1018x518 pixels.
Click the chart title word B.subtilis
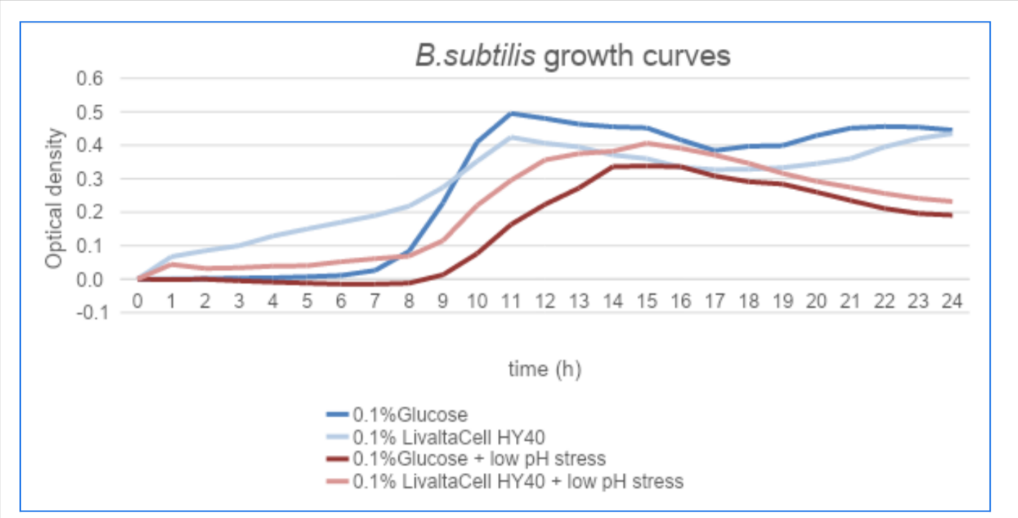pyautogui.click(x=475, y=56)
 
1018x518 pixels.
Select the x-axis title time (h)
pyautogui.click(x=545, y=369)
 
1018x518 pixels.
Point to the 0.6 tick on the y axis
pyautogui.click(x=90, y=79)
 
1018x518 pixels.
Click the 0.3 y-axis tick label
pyautogui.click(x=90, y=179)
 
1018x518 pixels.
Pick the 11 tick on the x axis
pyautogui.click(x=511, y=301)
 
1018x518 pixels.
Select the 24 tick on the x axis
pyautogui.click(x=951, y=301)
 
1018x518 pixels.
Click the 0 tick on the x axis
pyautogui.click(x=138, y=301)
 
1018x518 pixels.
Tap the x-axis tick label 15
pyautogui.click(x=646, y=301)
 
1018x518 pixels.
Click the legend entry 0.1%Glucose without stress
pyautogui.click(x=410, y=415)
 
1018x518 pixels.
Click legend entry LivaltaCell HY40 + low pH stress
pyautogui.click(x=517, y=481)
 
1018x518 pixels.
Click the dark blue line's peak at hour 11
pyautogui.click(x=511, y=113)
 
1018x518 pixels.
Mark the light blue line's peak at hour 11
pyautogui.click(x=511, y=137)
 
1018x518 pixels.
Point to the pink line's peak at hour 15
pyautogui.click(x=646, y=143)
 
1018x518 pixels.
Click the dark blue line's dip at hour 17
pyautogui.click(x=715, y=151)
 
